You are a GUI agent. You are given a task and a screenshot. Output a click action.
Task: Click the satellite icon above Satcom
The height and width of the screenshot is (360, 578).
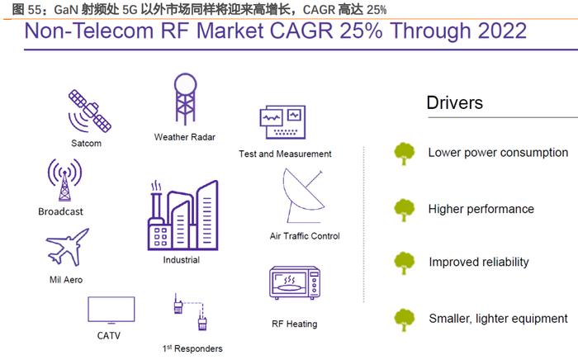(x=89, y=111)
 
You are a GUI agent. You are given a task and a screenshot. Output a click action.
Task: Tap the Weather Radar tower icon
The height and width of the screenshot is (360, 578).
(x=185, y=99)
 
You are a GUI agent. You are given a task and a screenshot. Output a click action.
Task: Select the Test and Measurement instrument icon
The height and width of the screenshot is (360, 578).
(x=282, y=122)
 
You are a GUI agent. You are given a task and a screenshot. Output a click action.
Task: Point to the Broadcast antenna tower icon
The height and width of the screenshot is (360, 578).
(x=65, y=180)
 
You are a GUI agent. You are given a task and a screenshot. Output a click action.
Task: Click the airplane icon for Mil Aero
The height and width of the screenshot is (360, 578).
(x=68, y=247)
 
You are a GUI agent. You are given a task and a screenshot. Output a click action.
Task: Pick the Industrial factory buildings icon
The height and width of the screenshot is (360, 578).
(x=182, y=216)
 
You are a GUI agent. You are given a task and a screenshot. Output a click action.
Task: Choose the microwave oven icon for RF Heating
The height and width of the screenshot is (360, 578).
(x=295, y=282)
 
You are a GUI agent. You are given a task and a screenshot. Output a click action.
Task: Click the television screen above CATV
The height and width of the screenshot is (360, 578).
(x=111, y=310)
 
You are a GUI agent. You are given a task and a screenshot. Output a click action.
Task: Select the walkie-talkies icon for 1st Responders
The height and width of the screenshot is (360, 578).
(x=190, y=312)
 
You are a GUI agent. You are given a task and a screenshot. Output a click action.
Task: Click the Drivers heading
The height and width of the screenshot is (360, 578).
(x=454, y=103)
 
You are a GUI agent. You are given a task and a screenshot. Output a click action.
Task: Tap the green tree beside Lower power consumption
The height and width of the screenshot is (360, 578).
(x=404, y=154)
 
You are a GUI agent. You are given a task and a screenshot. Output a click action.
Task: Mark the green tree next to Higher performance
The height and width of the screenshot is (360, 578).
(x=404, y=210)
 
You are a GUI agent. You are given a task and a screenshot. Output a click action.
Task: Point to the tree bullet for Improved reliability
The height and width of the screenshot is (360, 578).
(x=404, y=263)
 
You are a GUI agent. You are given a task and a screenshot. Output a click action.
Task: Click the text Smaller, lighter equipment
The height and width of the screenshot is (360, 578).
(x=499, y=319)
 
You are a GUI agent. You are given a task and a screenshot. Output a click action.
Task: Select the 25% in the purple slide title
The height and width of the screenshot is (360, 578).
(x=361, y=31)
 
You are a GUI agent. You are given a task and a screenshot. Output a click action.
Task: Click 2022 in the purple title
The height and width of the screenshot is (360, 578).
(x=502, y=31)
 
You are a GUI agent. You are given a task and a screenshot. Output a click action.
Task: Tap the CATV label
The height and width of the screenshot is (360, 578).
(x=109, y=336)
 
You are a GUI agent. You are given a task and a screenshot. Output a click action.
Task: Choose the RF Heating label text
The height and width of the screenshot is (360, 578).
(x=295, y=324)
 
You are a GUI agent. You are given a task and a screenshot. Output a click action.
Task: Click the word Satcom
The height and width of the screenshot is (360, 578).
(x=86, y=143)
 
